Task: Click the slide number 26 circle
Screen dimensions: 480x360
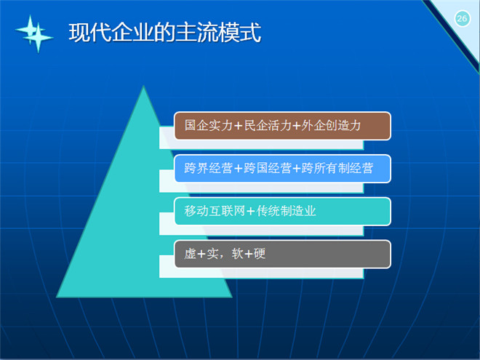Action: pyautogui.click(x=462, y=19)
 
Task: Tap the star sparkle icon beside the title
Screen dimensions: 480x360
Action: pyautogui.click(x=34, y=33)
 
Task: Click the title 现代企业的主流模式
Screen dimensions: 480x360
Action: pyautogui.click(x=165, y=32)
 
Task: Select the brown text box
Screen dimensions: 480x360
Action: pyautogui.click(x=283, y=126)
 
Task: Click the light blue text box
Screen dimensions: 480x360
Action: pyautogui.click(x=283, y=169)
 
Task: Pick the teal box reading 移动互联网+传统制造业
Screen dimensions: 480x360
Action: pyautogui.click(x=283, y=212)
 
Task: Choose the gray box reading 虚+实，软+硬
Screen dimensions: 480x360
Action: pyautogui.click(x=283, y=255)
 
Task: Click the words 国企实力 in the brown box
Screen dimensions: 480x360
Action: pyautogui.click(x=209, y=126)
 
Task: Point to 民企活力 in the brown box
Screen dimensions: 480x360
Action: pyautogui.click(x=268, y=126)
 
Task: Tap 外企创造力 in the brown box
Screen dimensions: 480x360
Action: pyautogui.click(x=331, y=126)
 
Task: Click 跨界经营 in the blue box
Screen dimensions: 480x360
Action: pyautogui.click(x=209, y=169)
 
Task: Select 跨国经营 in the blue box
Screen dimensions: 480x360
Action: pyautogui.click(x=268, y=169)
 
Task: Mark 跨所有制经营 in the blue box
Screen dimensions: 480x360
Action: pyautogui.click(x=337, y=169)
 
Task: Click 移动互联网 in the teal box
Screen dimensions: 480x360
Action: pyautogui.click(x=215, y=211)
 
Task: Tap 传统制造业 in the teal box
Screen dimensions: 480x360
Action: pyautogui.click(x=287, y=211)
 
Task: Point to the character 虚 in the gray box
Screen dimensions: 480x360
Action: pyautogui.click(x=190, y=254)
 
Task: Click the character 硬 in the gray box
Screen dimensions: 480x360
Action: pyautogui.click(x=260, y=254)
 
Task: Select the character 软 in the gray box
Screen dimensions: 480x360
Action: pyautogui.click(x=238, y=254)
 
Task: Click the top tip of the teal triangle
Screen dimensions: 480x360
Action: pyautogui.click(x=143, y=86)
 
